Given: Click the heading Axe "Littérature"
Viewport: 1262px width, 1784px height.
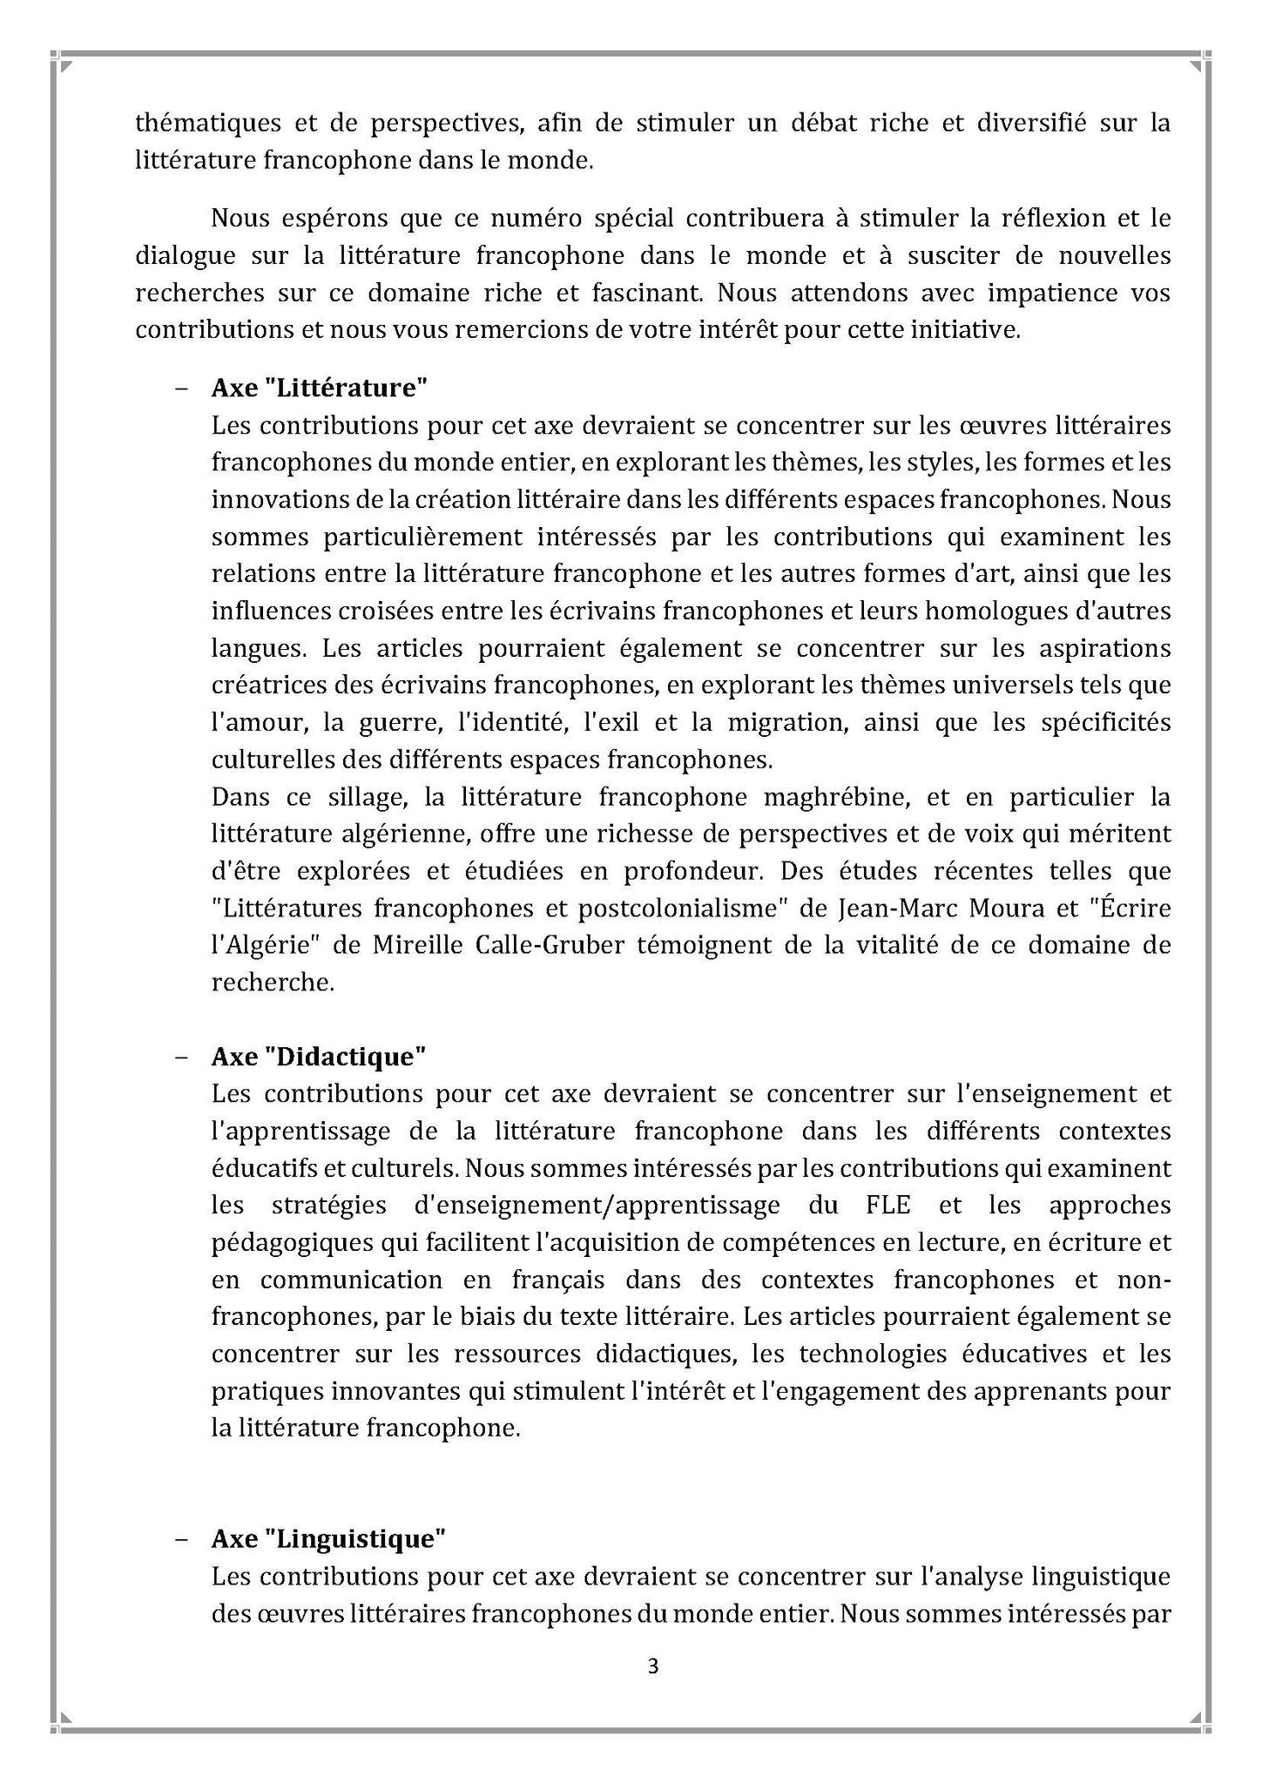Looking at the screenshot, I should tap(319, 388).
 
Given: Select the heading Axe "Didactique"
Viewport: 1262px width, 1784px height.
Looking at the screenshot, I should tap(318, 1056).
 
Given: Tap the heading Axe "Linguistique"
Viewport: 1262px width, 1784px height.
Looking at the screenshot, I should tap(327, 1538).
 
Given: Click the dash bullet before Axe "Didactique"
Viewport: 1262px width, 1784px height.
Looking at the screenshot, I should tap(181, 1057).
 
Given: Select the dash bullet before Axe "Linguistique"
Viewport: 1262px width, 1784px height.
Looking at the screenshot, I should tap(181, 1539).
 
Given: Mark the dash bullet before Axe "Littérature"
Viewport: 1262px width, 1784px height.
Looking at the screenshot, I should tap(181, 389).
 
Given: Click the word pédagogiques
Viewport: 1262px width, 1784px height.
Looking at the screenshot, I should tap(287, 1243).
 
